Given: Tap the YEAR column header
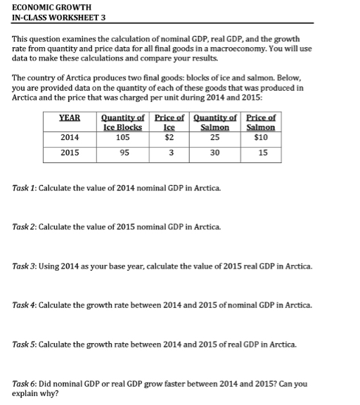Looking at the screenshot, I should click(70, 117).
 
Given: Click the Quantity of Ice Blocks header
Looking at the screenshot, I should click(123, 122).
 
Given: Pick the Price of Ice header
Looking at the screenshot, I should click(169, 122).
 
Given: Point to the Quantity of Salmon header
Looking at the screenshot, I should click(215, 122).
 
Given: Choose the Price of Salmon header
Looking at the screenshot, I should click(262, 122).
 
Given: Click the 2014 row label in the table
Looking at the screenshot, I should click(70, 137).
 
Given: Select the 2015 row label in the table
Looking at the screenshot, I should click(70, 153).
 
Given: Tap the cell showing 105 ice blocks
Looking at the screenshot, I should click(123, 137).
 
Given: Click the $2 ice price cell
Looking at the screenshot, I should click(169, 137).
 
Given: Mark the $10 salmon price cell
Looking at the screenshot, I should click(262, 137).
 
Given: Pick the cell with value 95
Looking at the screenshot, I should click(123, 153).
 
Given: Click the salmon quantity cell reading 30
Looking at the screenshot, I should click(215, 153).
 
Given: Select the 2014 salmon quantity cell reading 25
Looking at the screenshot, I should click(215, 137).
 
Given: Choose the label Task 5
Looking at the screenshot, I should click(25, 345).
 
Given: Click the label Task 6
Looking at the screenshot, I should click(25, 384).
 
